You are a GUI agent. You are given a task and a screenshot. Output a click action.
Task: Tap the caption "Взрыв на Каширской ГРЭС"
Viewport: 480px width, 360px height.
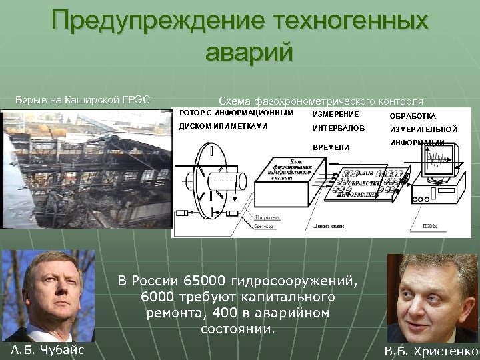82,101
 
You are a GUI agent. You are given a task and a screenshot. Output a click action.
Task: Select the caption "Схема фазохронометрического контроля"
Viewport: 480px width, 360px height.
321,101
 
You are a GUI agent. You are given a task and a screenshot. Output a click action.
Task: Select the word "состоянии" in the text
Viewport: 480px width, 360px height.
237,329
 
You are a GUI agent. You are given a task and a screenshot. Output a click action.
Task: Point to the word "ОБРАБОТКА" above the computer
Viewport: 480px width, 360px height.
413,117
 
